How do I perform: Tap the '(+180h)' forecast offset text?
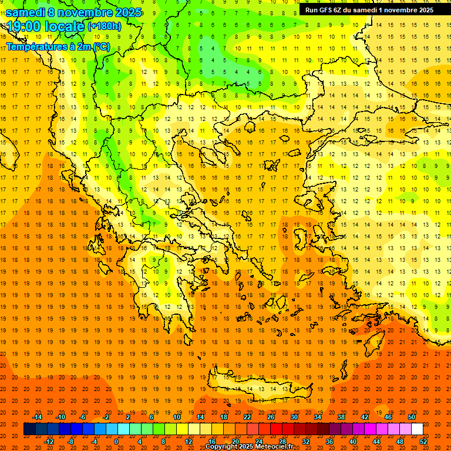pyautogui.click(x=104, y=26)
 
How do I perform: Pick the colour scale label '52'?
pyautogui.click(x=424, y=442)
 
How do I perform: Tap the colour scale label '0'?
pyautogui.click(x=116, y=442)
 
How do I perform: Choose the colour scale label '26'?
pyautogui.click(x=271, y=417)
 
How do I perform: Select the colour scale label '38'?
pyautogui.click(x=341, y=417)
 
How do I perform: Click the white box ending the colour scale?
pyautogui.click(x=417, y=429)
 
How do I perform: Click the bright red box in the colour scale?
pyautogui.click(x=276, y=429)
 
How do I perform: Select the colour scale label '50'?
pyautogui.click(x=412, y=417)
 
